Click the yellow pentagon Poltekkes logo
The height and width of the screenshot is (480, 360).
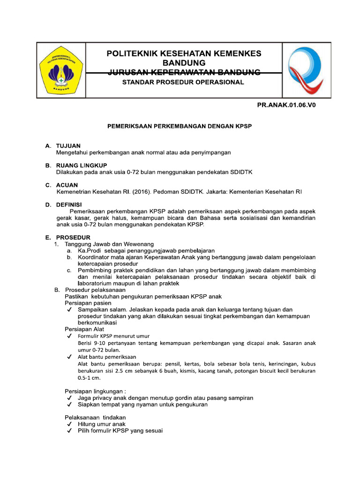[x=61, y=70]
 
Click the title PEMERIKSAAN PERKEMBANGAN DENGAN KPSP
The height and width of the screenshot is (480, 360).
[x=180, y=127]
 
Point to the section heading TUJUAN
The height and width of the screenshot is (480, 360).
[x=68, y=146]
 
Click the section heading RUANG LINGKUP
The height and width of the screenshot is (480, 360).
[x=82, y=165]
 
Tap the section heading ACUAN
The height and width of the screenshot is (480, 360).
[x=67, y=185]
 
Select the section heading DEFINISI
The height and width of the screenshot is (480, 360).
[x=69, y=205]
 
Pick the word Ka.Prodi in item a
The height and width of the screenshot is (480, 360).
[x=89, y=251]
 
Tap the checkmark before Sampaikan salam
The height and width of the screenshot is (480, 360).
[x=69, y=310]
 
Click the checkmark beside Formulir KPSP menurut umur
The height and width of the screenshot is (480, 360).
[x=69, y=336]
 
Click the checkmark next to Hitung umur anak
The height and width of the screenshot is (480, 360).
[x=69, y=424]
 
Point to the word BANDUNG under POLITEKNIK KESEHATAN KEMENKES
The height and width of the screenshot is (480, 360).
[x=184, y=63]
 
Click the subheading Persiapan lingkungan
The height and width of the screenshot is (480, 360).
[x=95, y=391]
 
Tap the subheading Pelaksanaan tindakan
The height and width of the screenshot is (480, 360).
[x=95, y=417]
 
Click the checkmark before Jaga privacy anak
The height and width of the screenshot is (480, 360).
[x=69, y=398]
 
